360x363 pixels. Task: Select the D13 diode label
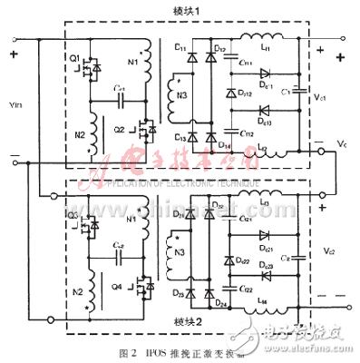point(180,137)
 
